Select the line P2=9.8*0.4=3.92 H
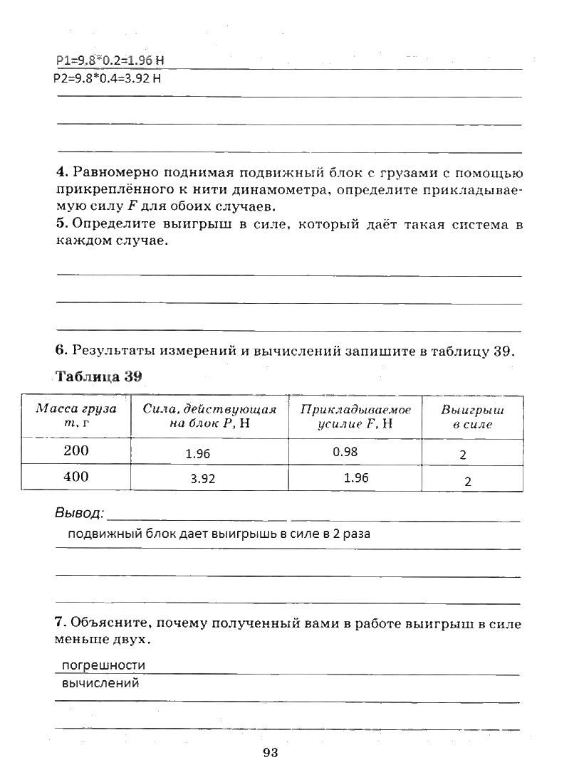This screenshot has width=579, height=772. (108, 78)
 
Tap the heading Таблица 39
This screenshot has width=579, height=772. (99, 377)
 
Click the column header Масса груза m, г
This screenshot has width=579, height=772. (76, 416)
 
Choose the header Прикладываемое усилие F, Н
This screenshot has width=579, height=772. (355, 416)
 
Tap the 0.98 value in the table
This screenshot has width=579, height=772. (345, 451)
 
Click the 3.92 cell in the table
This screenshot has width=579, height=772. (203, 479)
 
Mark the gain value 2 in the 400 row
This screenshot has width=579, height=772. (467, 481)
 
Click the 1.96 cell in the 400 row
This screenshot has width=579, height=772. (355, 477)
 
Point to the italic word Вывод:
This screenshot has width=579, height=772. (80, 513)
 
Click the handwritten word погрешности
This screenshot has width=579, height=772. (103, 665)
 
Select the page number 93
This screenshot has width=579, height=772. (270, 754)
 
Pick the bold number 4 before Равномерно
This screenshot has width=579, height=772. (60, 173)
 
